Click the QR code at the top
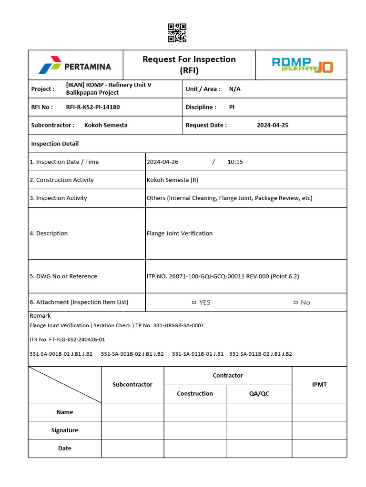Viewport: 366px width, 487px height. point(177,33)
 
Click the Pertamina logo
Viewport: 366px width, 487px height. point(75,66)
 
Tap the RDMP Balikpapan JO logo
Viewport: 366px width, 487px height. point(302,65)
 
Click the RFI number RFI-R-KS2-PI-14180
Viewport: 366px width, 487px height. point(93,107)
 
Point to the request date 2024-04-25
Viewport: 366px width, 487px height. point(272,126)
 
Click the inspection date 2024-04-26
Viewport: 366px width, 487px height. point(163,162)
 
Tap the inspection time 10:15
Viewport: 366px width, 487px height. point(235,162)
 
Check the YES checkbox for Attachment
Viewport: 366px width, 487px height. point(194,302)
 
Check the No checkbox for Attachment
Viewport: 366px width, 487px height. point(295,302)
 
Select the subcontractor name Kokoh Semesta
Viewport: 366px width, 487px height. point(106,126)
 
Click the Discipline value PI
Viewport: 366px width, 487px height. point(232,107)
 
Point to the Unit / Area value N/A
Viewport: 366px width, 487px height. point(234,89)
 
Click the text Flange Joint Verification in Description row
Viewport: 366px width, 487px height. point(180,234)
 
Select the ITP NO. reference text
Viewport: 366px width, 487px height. point(223,276)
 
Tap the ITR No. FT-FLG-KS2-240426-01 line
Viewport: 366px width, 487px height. point(67,340)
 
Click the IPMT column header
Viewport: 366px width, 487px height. point(319,385)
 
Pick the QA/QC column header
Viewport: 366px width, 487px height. point(259,394)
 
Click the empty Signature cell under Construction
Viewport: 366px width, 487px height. point(195,430)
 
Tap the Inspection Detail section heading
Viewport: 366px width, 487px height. point(55,144)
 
